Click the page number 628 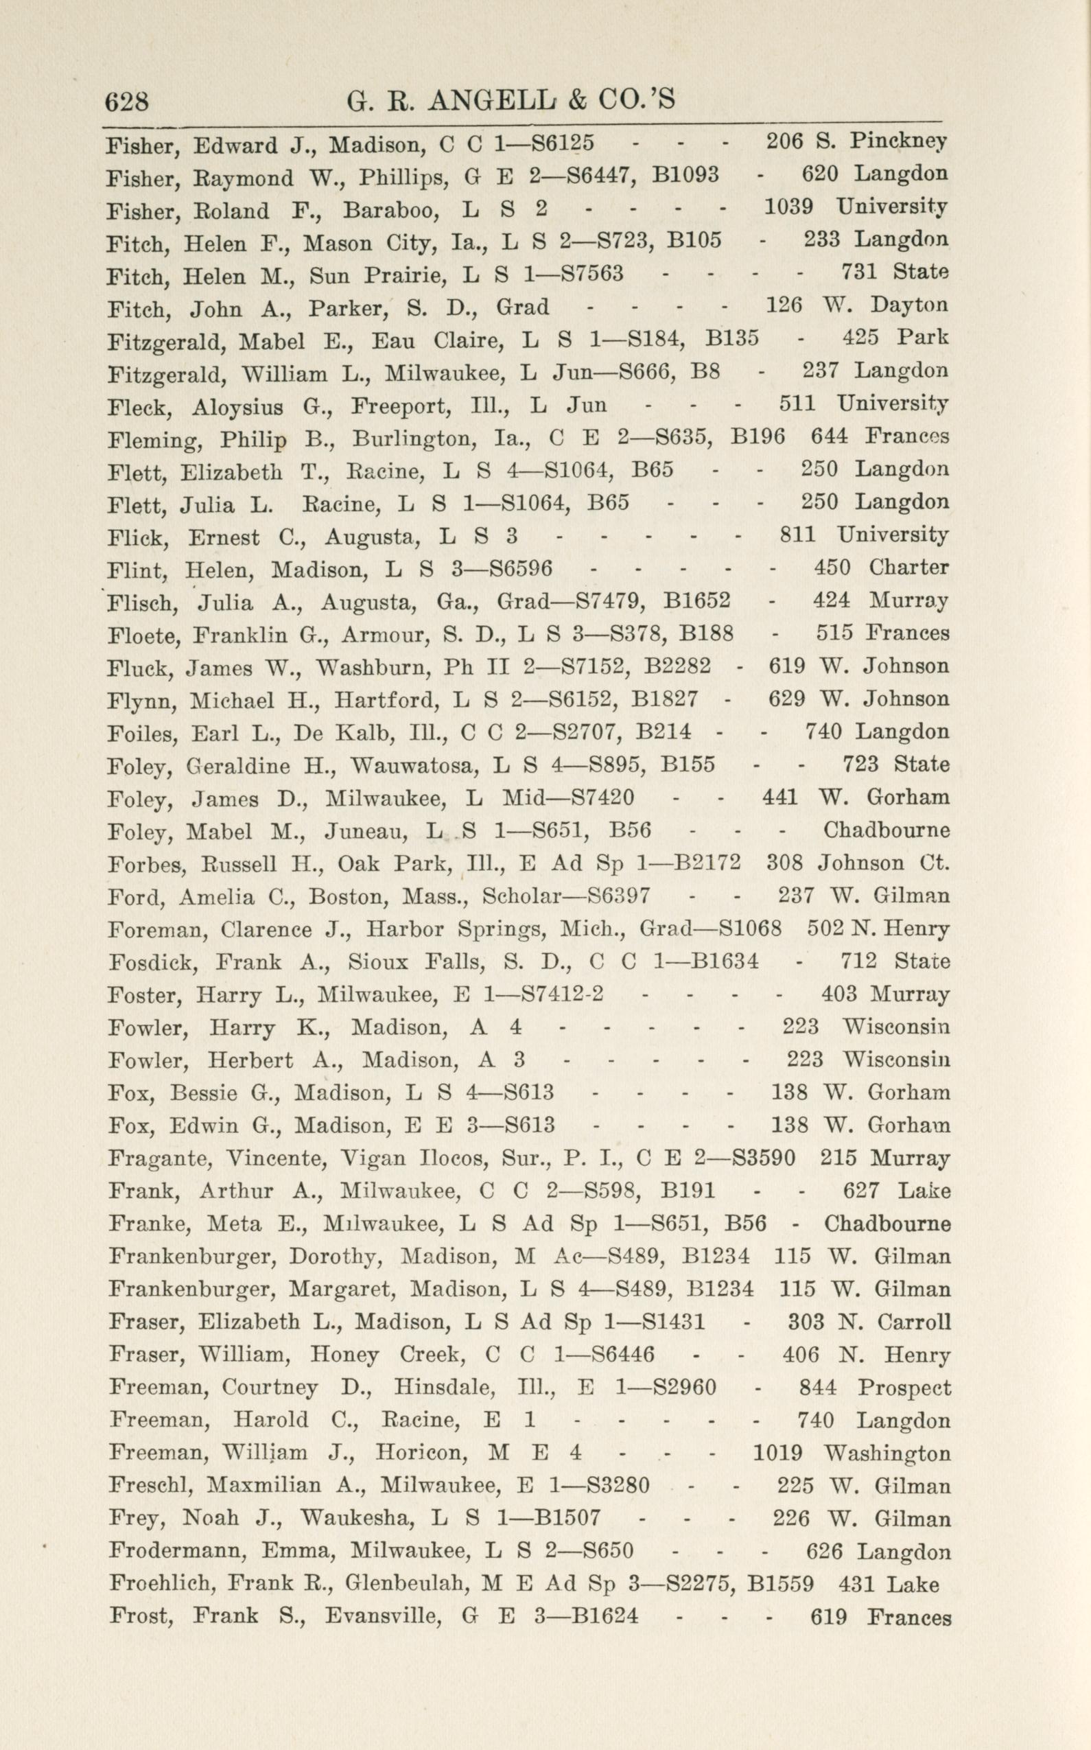tap(127, 101)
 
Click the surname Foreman tap(154, 929)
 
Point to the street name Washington tap(887, 1454)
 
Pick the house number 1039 tap(788, 209)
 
